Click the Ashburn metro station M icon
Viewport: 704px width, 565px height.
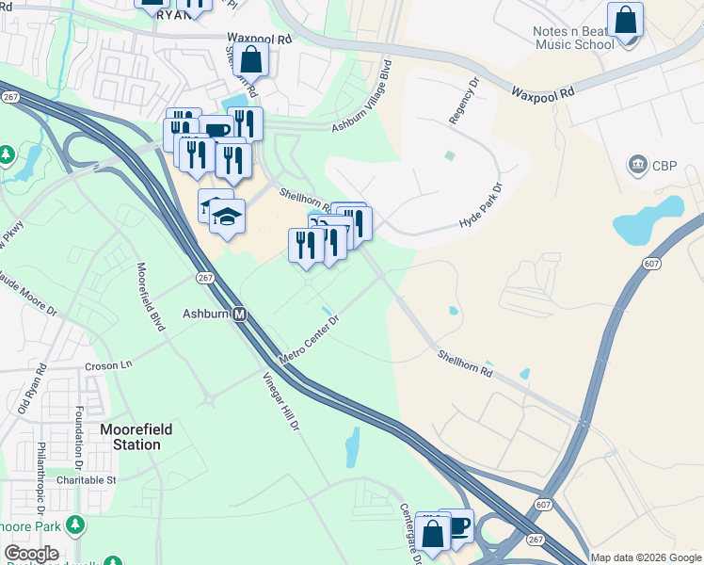tap(240, 315)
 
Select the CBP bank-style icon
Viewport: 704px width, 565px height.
tap(639, 166)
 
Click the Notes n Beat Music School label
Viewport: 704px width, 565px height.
tap(573, 38)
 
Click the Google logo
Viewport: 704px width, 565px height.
tap(31, 554)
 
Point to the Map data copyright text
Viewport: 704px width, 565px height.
tap(646, 557)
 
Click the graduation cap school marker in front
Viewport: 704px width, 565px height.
tap(227, 217)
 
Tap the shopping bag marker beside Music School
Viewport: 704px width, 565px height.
tap(625, 20)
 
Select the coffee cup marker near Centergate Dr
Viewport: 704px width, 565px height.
tap(456, 525)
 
